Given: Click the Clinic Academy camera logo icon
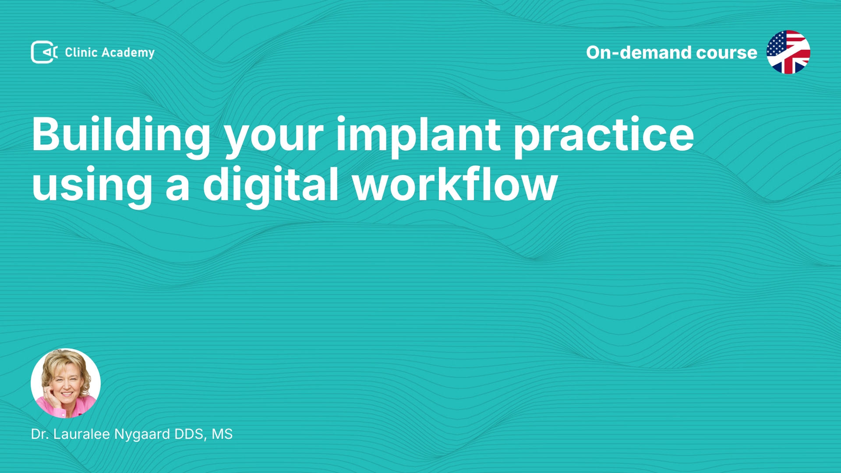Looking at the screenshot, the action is (44, 52).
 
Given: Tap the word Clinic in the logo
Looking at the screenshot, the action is (81, 52).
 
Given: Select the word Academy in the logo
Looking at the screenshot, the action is (128, 53).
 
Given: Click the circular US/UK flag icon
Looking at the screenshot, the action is (788, 52).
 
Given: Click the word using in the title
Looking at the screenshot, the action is (92, 187).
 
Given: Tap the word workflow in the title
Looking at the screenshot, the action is (455, 184).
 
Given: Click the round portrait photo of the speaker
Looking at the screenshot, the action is (66, 383).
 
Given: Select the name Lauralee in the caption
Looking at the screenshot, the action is (81, 434).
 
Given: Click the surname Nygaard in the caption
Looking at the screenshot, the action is (142, 435).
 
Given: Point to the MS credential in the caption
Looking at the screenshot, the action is (222, 434).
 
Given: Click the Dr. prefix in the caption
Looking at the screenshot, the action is (40, 434).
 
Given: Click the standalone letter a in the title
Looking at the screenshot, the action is (178, 188).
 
